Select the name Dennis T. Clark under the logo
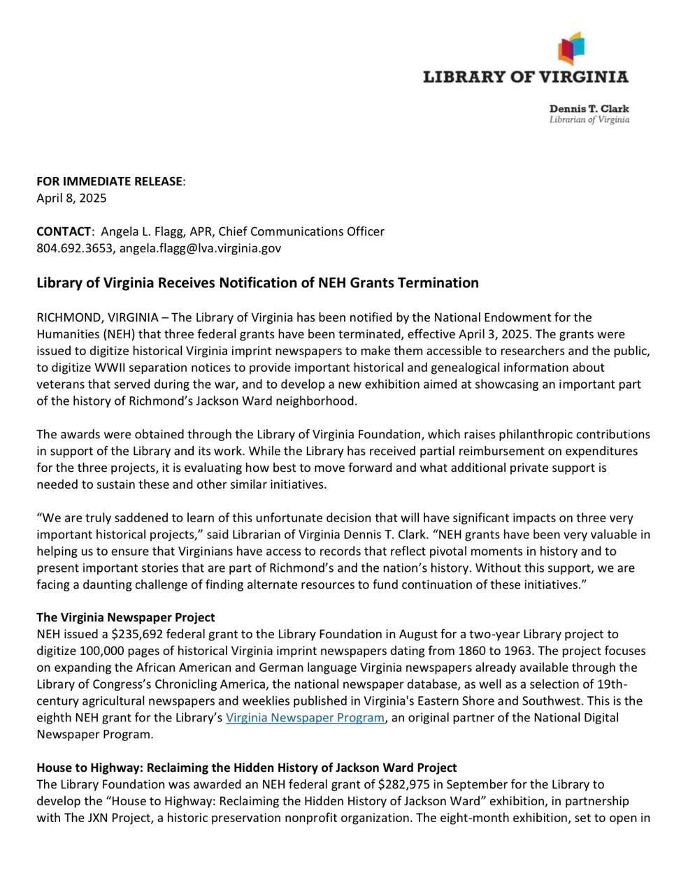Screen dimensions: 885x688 (x=589, y=109)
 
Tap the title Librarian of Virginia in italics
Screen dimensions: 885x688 (x=589, y=120)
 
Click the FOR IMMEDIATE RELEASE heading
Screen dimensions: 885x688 (x=110, y=182)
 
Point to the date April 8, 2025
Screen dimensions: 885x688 (x=71, y=198)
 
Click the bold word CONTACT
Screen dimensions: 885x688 (x=64, y=231)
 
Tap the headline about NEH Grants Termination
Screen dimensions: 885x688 (x=257, y=283)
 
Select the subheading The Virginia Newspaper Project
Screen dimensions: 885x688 (x=126, y=618)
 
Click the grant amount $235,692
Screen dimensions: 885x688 (x=134, y=634)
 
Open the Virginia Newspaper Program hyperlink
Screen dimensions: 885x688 (x=305, y=717)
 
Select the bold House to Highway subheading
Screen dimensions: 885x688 (x=247, y=768)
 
